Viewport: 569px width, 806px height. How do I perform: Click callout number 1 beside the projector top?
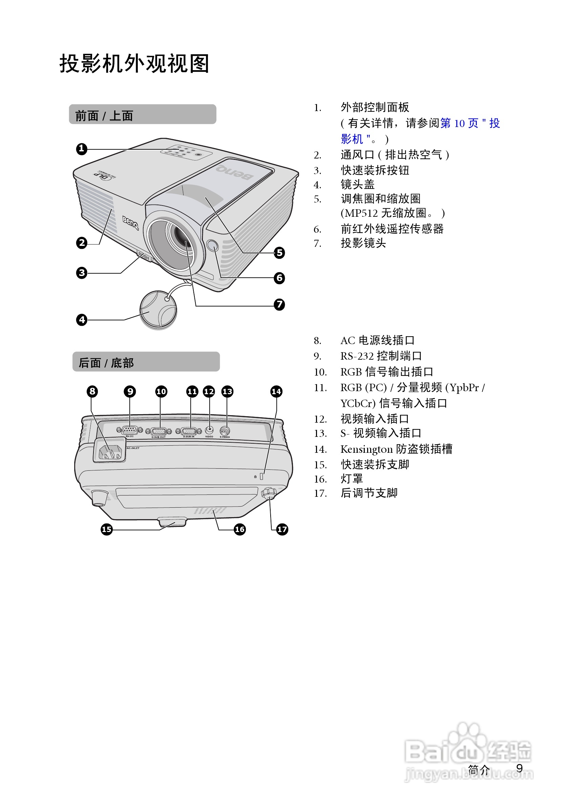[81, 149]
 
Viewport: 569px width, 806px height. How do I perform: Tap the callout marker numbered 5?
[279, 253]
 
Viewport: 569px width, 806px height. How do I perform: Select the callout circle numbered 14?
[276, 391]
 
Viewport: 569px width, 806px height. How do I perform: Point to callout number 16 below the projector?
[240, 529]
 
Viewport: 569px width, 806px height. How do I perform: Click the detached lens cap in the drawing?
[158, 310]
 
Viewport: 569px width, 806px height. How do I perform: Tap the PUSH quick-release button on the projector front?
[144, 256]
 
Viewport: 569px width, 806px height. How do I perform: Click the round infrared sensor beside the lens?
[212, 246]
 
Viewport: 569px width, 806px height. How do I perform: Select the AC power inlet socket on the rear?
[110, 452]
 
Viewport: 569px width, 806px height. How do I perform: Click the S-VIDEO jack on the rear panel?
[225, 431]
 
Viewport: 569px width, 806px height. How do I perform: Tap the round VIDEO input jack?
[209, 430]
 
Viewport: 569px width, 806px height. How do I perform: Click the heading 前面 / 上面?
[104, 115]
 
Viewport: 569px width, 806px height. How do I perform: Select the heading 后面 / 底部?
[106, 363]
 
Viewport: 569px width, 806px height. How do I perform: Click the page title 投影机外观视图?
[134, 64]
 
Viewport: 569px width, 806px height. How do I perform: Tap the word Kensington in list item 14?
[366, 449]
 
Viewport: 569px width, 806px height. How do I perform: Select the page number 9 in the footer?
[520, 768]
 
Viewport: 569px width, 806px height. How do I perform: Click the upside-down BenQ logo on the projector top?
[234, 172]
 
